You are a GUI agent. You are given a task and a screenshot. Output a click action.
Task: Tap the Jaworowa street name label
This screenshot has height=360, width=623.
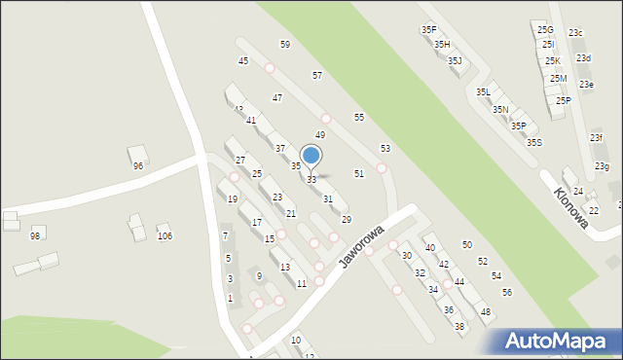362,248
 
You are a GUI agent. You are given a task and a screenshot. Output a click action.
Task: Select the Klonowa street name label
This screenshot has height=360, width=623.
571,207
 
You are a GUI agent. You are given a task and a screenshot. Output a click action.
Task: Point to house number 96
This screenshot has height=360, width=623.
138,166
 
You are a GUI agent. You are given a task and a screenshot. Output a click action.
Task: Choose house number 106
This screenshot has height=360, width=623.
165,236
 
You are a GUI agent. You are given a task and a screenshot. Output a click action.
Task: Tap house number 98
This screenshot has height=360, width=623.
35,236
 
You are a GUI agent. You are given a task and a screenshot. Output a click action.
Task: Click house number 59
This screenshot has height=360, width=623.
285,45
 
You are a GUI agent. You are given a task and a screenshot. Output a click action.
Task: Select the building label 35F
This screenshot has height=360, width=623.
428,30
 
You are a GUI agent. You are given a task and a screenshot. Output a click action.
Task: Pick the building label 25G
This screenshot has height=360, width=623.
545,30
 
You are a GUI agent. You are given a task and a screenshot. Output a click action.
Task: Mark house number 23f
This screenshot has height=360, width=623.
596,138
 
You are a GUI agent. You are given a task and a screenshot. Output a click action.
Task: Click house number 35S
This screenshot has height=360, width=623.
534,143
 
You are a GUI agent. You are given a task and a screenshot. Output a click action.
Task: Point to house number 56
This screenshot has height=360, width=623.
507,293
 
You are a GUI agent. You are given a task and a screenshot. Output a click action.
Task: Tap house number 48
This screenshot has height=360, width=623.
486,311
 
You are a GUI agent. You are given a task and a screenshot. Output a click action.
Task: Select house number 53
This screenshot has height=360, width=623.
385,148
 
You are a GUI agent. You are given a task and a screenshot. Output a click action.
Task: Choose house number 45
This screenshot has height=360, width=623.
243,61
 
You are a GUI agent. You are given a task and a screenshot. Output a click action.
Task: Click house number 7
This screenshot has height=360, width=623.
225,236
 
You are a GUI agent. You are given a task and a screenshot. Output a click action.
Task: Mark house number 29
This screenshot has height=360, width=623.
346,220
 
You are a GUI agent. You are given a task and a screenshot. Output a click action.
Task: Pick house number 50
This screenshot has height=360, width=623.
467,245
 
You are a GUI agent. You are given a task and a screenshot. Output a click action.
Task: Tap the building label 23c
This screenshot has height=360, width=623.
575,33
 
